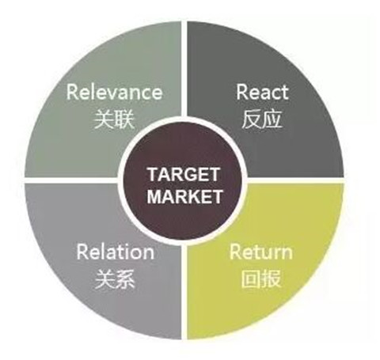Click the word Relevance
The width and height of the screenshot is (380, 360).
click(114, 92)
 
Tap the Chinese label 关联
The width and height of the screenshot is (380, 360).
click(114, 119)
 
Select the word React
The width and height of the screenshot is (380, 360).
click(262, 92)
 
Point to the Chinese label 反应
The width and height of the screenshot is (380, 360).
click(262, 119)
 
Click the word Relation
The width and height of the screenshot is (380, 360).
click(116, 252)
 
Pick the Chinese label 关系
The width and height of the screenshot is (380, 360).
click(115, 279)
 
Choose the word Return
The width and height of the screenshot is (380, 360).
click(261, 252)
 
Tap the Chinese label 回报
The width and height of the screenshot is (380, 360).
click(261, 279)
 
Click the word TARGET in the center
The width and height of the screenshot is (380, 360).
click(184, 174)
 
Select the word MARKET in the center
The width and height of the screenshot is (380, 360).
click(184, 196)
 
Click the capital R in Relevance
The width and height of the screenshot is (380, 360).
click(72, 92)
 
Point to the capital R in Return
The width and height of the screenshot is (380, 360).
click(235, 251)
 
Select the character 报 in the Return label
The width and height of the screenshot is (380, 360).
click(272, 279)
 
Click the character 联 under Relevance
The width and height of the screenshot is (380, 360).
click(124, 119)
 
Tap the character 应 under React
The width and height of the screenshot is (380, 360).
click(272, 119)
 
